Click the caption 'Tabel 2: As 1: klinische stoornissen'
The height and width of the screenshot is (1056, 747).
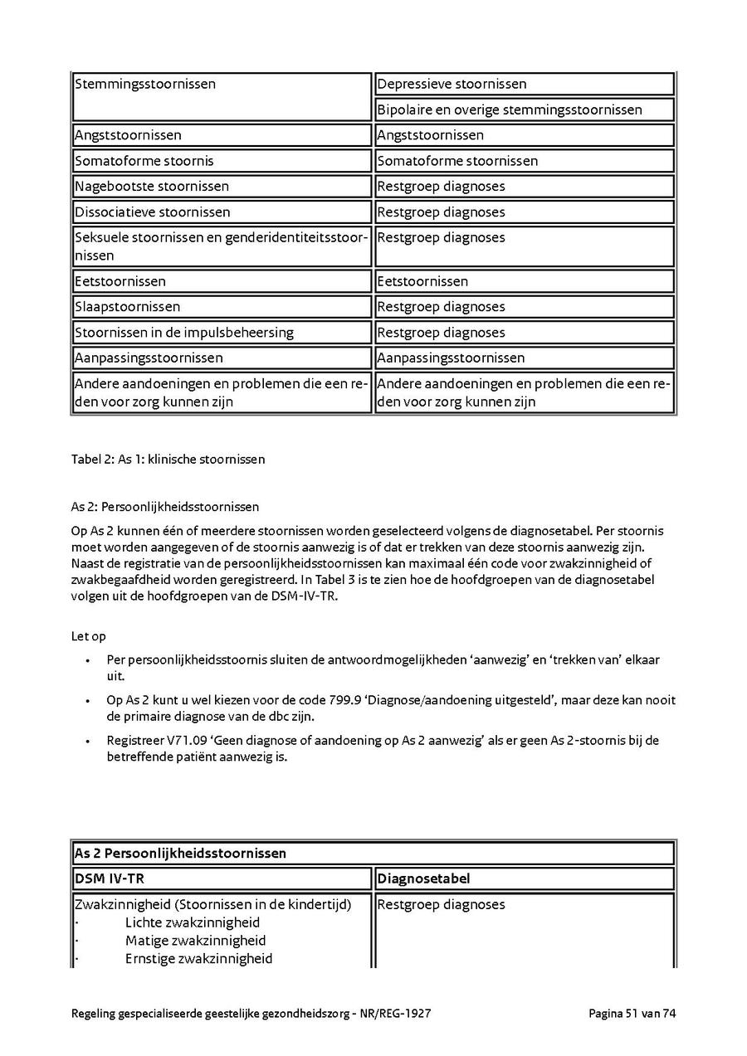click(x=168, y=459)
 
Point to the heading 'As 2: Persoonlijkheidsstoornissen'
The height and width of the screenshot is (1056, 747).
click(x=165, y=506)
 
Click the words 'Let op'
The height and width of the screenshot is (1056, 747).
click(x=89, y=636)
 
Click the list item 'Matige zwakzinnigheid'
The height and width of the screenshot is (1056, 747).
click(x=195, y=941)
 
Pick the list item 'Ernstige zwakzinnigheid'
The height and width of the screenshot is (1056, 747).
click(x=198, y=959)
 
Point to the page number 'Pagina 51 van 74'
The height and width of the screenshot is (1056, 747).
click(x=632, y=1013)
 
